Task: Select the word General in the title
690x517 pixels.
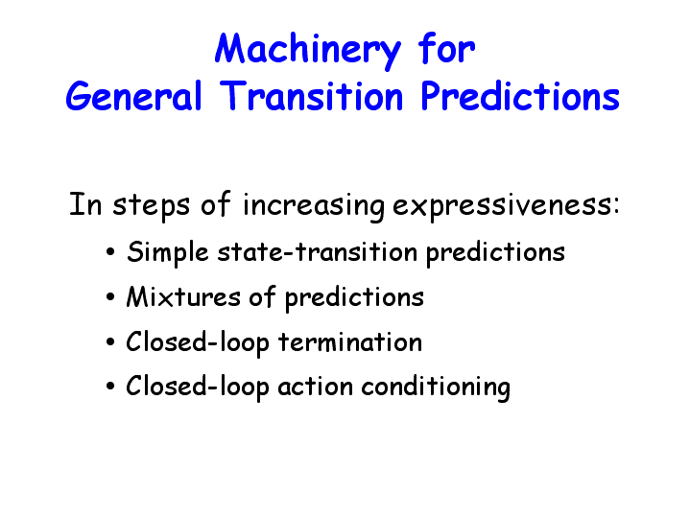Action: tap(133, 95)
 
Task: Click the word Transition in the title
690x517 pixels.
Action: tap(311, 95)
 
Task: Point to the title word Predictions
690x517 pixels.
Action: tap(520, 95)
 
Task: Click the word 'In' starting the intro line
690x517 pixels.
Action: tap(85, 204)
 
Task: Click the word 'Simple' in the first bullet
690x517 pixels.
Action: tap(167, 253)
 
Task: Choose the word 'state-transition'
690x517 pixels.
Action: tap(318, 251)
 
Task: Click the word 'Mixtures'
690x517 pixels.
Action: tap(183, 296)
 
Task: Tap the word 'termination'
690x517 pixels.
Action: tap(350, 341)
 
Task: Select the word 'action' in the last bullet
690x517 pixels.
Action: tap(315, 387)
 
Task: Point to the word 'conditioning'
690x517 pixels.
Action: tap(436, 388)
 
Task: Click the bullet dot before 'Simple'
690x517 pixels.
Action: tap(110, 252)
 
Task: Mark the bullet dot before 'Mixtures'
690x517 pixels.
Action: tap(110, 297)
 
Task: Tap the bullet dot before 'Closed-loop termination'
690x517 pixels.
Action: tap(110, 342)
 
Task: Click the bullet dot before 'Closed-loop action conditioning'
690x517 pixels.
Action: tap(110, 387)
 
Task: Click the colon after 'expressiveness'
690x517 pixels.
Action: tap(616, 206)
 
